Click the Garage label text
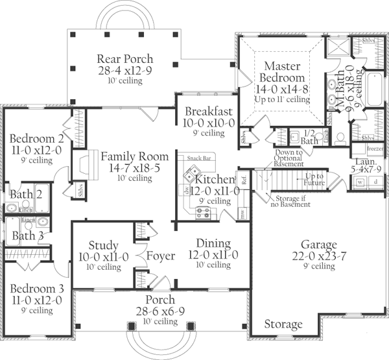[318, 245]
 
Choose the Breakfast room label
[204, 110]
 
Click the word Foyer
[161, 256]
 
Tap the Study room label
[103, 245]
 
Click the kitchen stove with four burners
[202, 211]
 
